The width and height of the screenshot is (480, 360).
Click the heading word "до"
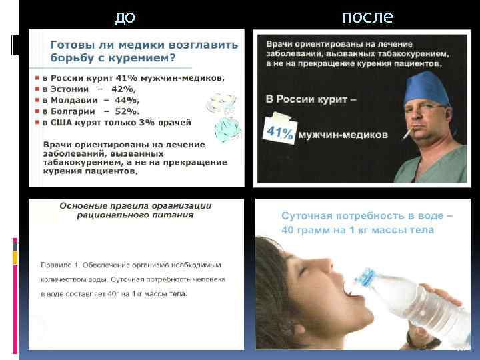(x=125, y=16)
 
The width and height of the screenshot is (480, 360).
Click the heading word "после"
(x=367, y=16)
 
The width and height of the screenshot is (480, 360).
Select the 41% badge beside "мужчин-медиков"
(x=280, y=132)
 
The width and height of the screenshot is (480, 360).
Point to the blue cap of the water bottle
(x=366, y=275)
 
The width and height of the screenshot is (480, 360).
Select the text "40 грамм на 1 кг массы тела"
(x=357, y=231)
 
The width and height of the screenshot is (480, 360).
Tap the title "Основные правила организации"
(x=135, y=205)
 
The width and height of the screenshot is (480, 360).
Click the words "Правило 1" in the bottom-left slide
(x=61, y=264)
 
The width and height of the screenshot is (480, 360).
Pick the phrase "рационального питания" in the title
(x=135, y=215)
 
